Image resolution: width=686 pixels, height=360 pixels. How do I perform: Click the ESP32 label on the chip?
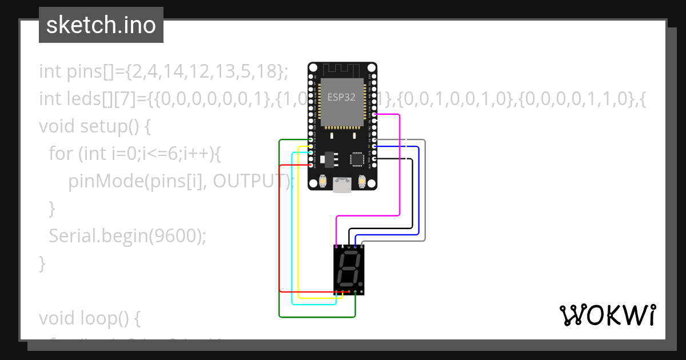(341, 97)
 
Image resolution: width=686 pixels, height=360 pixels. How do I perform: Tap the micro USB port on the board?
(342, 185)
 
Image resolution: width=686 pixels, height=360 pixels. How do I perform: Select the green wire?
(279, 229)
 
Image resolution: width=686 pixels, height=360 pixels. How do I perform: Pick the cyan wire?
(292, 229)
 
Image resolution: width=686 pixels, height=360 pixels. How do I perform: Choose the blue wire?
(418, 194)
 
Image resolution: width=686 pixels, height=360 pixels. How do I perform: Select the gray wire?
(425, 194)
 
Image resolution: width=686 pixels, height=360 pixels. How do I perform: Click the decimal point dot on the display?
(361, 284)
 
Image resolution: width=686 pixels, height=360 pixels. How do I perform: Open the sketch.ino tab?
(101, 25)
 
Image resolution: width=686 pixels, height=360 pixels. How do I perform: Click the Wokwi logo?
(607, 315)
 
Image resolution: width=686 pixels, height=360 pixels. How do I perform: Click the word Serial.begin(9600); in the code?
(127, 235)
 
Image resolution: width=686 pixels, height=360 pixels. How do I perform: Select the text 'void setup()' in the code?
(94, 126)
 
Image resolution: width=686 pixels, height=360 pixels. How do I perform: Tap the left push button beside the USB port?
(324, 182)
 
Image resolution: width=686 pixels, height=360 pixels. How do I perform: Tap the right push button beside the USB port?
(361, 182)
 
